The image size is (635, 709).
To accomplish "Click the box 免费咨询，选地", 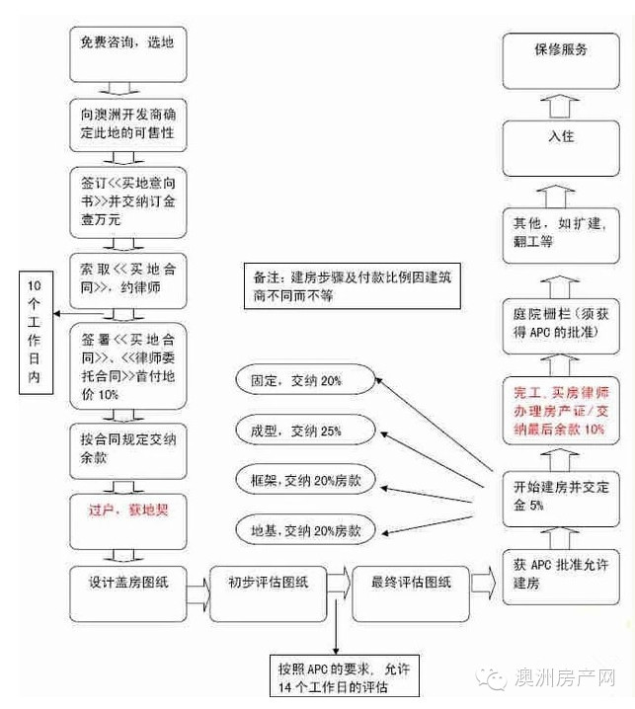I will click(x=129, y=51).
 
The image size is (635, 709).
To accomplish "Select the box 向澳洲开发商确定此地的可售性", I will click(x=129, y=123).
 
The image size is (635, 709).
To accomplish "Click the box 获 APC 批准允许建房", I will click(x=561, y=574).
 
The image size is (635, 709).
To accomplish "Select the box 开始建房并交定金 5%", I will click(x=561, y=493).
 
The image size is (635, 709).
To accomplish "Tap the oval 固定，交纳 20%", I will click(x=302, y=379).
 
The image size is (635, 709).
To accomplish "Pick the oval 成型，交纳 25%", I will click(x=302, y=431).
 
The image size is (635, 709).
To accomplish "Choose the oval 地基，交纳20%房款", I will click(x=307, y=531).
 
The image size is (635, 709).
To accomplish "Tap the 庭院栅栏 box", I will click(x=561, y=326).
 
